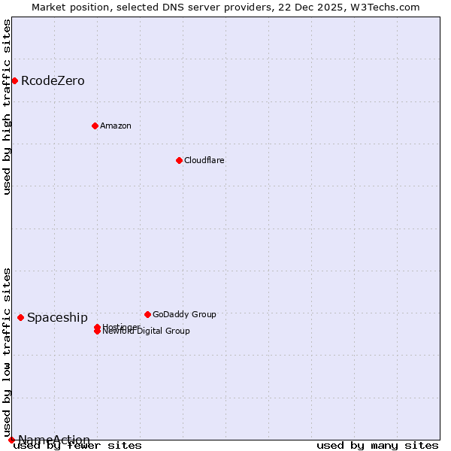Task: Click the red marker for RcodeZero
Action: [14, 80]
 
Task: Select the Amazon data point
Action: [95, 126]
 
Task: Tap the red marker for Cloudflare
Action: [179, 160]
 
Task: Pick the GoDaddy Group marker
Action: [147, 314]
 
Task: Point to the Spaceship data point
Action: [20, 317]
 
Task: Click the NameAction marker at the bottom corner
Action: [11, 440]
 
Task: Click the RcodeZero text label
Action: [53, 80]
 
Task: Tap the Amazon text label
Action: [116, 126]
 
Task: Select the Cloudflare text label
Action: [204, 160]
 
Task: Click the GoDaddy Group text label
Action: [184, 314]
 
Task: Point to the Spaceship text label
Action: [57, 317]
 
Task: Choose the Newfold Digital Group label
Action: [147, 331]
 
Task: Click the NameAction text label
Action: [54, 440]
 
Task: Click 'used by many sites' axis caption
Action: [377, 445]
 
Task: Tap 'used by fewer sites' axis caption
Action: [77, 445]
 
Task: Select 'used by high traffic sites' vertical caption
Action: [7, 107]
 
